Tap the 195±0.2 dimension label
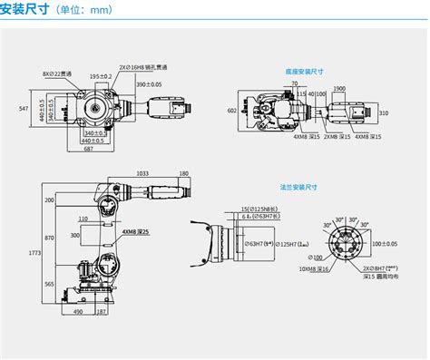(x=100, y=77)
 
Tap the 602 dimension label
(x=231, y=110)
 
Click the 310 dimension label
(x=384, y=113)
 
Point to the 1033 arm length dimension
(x=142, y=173)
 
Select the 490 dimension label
(x=78, y=311)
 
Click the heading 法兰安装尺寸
(x=304, y=189)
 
